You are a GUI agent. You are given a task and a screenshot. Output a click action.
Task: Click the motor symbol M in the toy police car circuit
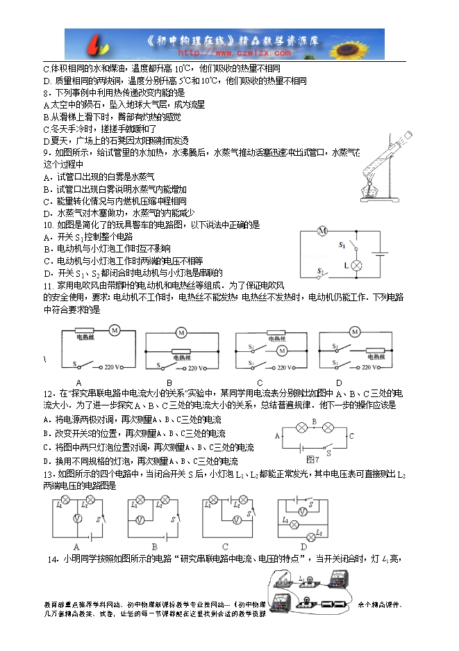(322, 231)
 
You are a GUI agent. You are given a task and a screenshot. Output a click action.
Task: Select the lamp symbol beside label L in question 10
(356, 265)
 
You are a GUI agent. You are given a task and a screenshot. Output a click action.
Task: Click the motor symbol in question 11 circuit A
(115, 330)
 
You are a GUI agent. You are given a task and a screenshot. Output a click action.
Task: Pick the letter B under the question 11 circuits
(169, 383)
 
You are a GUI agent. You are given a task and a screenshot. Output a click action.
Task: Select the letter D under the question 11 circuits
(339, 383)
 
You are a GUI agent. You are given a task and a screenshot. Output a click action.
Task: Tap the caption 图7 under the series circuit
(313, 459)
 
